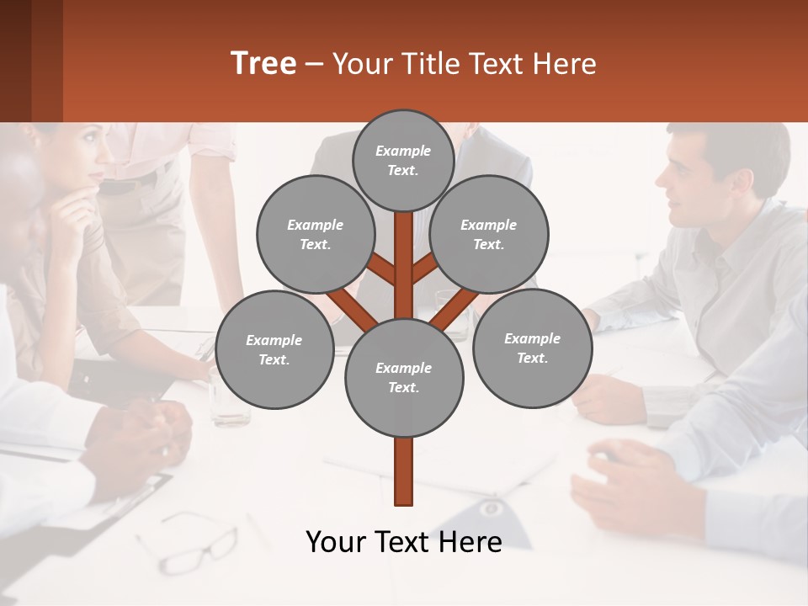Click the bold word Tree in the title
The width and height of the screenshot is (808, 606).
tap(263, 64)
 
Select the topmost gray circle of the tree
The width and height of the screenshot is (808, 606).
tap(403, 160)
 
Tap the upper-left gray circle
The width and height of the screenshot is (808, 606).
tap(315, 235)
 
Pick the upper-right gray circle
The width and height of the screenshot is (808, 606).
tap(489, 235)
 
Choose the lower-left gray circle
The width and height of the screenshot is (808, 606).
tap(274, 349)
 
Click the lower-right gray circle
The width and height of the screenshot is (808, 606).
tap(532, 348)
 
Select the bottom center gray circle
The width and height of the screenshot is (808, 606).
tap(404, 378)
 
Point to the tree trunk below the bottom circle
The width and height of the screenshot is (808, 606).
tap(404, 471)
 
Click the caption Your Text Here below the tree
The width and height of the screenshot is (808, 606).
tap(404, 542)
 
